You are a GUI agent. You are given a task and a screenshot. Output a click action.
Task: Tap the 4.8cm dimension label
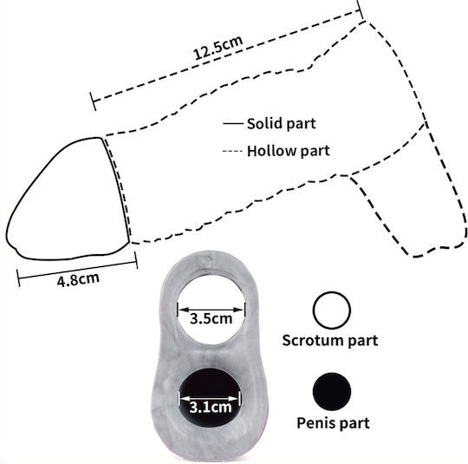pyautogui.click(x=78, y=279)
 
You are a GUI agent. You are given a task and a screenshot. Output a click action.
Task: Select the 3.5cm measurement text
pyautogui.click(x=211, y=319)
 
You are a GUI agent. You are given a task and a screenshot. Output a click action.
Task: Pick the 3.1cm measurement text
pyautogui.click(x=211, y=407)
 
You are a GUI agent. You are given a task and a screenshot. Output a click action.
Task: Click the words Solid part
pyautogui.click(x=281, y=124)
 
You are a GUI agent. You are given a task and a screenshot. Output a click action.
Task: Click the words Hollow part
pyautogui.click(x=289, y=151)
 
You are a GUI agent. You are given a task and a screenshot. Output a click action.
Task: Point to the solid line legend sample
pyautogui.click(x=233, y=123)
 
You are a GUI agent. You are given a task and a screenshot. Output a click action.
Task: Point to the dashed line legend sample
pyautogui.click(x=232, y=151)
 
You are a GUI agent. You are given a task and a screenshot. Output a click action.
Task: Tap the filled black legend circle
pyautogui.click(x=332, y=391)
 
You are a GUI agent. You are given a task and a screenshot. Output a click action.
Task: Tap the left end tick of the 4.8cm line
pyautogui.click(x=18, y=278)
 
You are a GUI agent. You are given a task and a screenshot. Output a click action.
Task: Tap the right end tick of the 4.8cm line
pyautogui.click(x=136, y=260)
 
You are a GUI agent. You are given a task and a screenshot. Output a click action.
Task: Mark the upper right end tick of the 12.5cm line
pyautogui.click(x=361, y=10)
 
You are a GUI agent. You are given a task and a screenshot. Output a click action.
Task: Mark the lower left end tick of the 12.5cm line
pyautogui.click(x=93, y=101)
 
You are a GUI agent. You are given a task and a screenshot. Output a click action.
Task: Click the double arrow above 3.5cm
pyautogui.click(x=211, y=310)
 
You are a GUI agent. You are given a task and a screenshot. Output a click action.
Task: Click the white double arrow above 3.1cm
pyautogui.click(x=210, y=399)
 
